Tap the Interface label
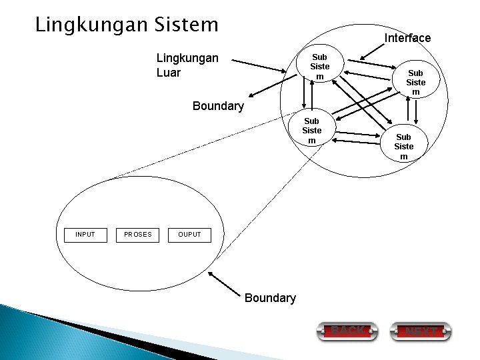coord(407,38)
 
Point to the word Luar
coord(168,72)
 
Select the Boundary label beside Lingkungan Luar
coord(218,106)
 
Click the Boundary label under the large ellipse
coord(270,298)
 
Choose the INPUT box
coord(85,235)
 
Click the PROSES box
coord(138,235)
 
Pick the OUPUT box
coord(189,235)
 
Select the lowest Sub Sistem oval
coord(403,147)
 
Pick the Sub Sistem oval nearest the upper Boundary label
coord(312,131)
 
